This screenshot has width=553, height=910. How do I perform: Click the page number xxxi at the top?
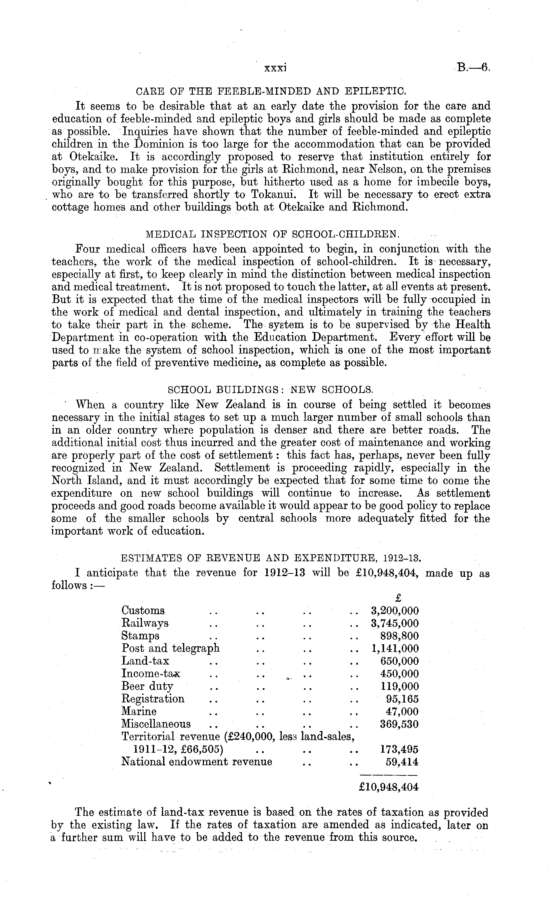pos(276,68)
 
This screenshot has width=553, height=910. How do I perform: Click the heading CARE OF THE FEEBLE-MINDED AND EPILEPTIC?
pos(271,90)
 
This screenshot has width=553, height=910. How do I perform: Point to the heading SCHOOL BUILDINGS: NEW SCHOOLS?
pos(270,390)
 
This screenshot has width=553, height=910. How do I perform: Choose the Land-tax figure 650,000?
pos(399,661)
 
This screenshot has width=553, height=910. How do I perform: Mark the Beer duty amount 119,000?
pos(399,686)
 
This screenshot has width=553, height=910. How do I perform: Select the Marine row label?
pos(139,711)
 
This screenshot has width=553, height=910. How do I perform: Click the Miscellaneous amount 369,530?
pos(399,724)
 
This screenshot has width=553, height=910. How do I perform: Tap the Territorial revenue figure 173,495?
pos(399,749)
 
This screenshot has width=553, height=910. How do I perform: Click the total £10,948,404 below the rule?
pos(389,787)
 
